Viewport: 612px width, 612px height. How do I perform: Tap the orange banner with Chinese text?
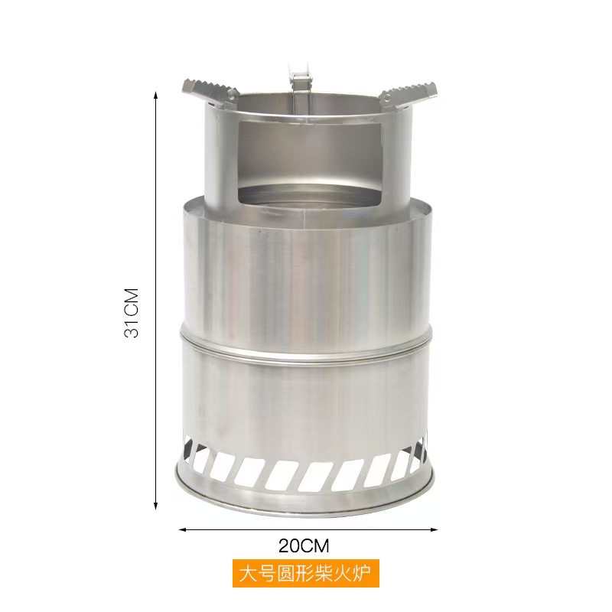coord(306,572)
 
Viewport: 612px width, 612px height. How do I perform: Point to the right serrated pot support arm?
coord(409,90)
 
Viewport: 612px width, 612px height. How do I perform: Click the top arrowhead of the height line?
coord(156,95)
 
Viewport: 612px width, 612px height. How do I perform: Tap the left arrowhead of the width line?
coord(182,528)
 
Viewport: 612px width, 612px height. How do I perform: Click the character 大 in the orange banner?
coord(246,573)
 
